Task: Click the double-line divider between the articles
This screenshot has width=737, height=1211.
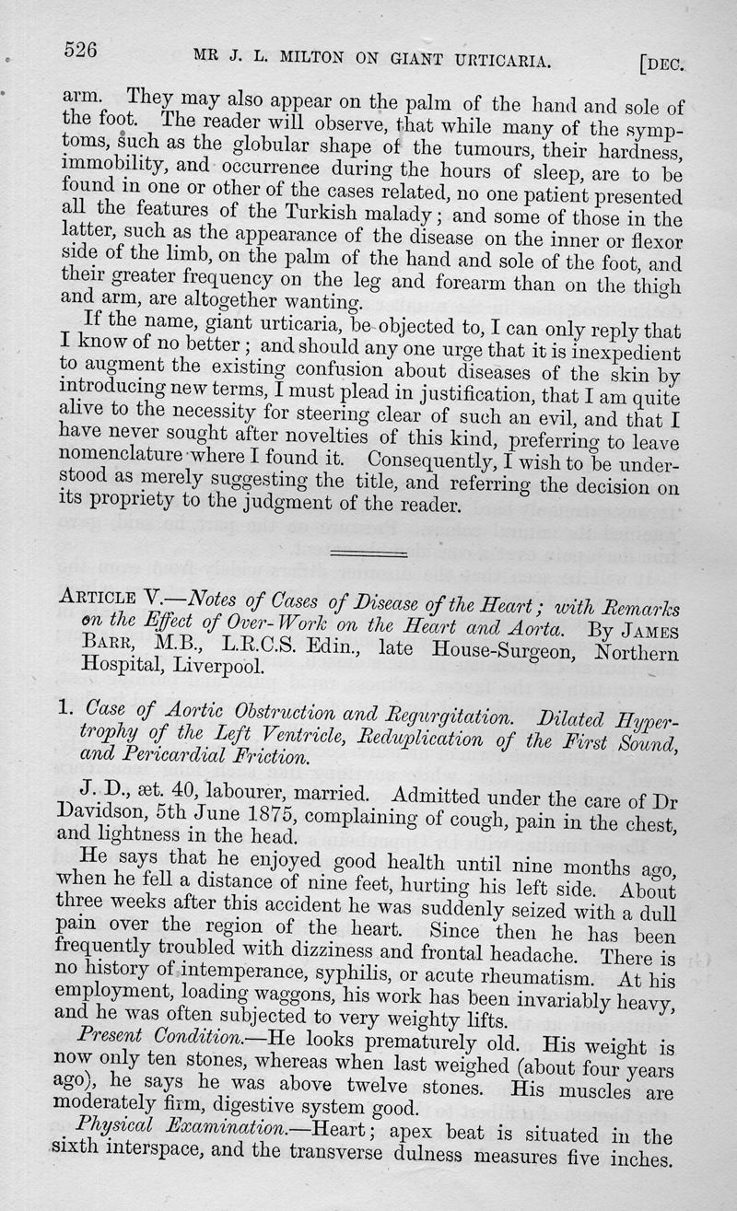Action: tap(368, 553)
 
